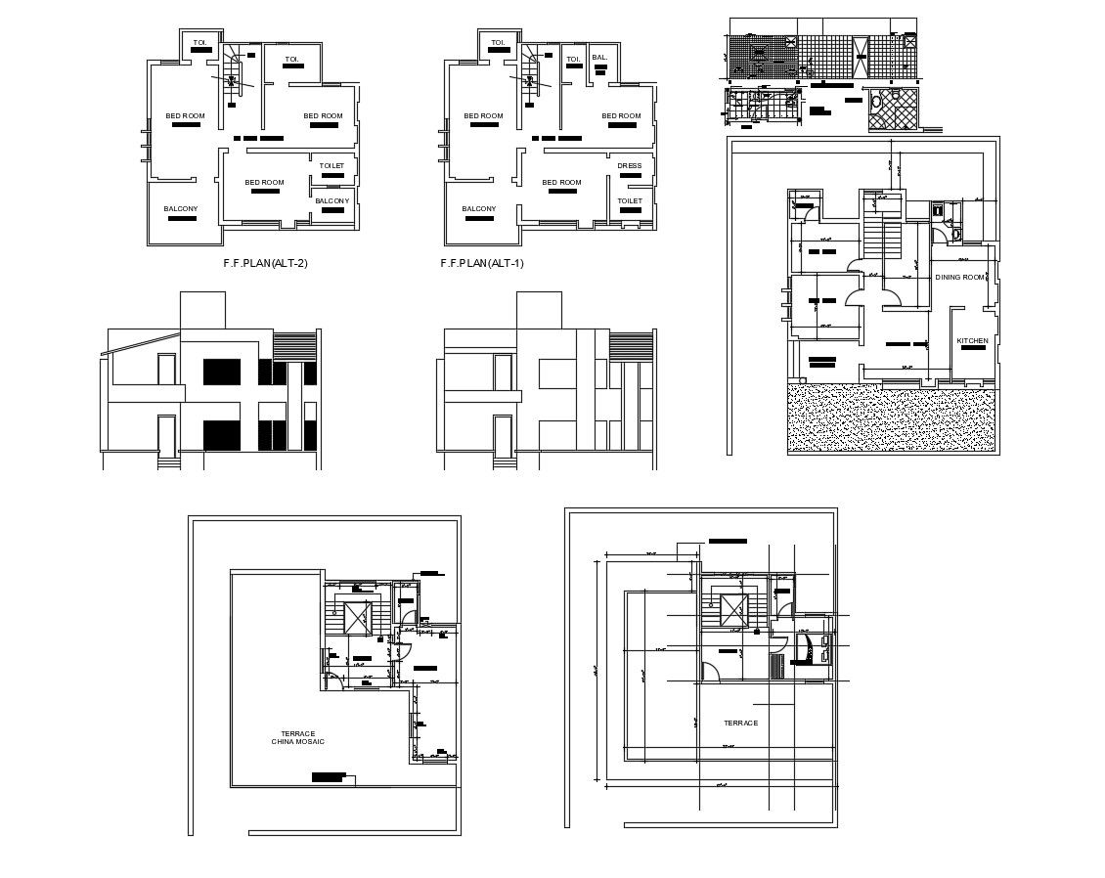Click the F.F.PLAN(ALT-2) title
265,263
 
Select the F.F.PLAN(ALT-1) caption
482,263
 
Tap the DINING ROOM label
959,278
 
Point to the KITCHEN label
972,341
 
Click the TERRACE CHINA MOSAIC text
297,738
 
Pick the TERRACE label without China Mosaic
740,724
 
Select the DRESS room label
630,166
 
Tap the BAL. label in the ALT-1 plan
599,59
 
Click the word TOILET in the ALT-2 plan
331,166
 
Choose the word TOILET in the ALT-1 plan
630,201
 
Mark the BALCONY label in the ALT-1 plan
479,209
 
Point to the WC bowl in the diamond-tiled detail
876,101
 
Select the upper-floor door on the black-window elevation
166,369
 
